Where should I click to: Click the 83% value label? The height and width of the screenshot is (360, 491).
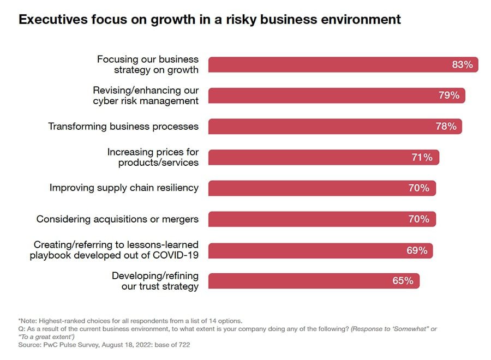(462, 64)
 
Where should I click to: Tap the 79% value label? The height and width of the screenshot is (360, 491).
(448, 95)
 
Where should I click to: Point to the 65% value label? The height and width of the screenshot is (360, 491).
(403, 281)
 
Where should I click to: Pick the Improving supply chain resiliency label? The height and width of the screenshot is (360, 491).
(124, 188)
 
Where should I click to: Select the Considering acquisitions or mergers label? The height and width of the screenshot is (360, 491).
(117, 219)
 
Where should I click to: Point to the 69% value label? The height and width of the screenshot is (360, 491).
(416, 250)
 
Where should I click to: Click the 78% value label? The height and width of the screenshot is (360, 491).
(446, 127)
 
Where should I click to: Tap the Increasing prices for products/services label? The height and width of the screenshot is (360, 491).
(153, 157)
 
